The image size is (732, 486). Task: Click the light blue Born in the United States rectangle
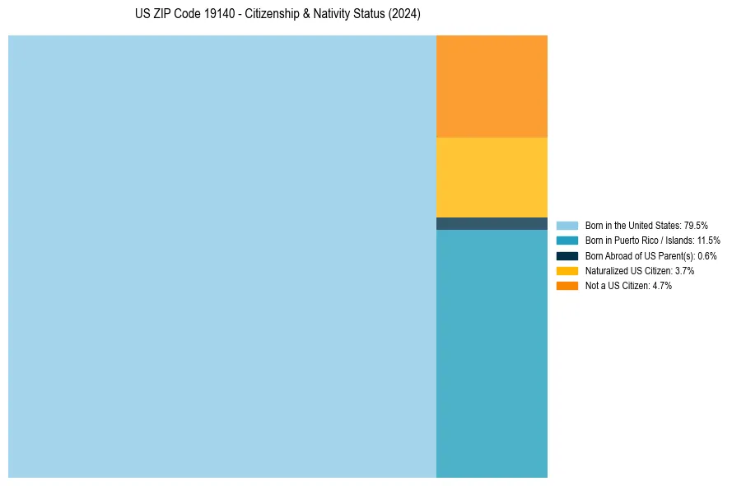222,256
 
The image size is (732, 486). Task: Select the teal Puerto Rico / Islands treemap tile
492,353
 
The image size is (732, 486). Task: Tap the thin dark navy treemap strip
492,223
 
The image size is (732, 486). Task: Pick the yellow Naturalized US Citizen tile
492,177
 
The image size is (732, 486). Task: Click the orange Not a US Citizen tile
492,86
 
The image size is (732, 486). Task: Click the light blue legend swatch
567,226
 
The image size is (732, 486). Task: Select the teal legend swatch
567,241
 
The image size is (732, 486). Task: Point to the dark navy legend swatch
567,256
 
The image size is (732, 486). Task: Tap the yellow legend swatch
567,271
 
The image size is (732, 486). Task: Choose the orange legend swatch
567,286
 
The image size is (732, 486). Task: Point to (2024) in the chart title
404,14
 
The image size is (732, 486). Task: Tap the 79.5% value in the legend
696,226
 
